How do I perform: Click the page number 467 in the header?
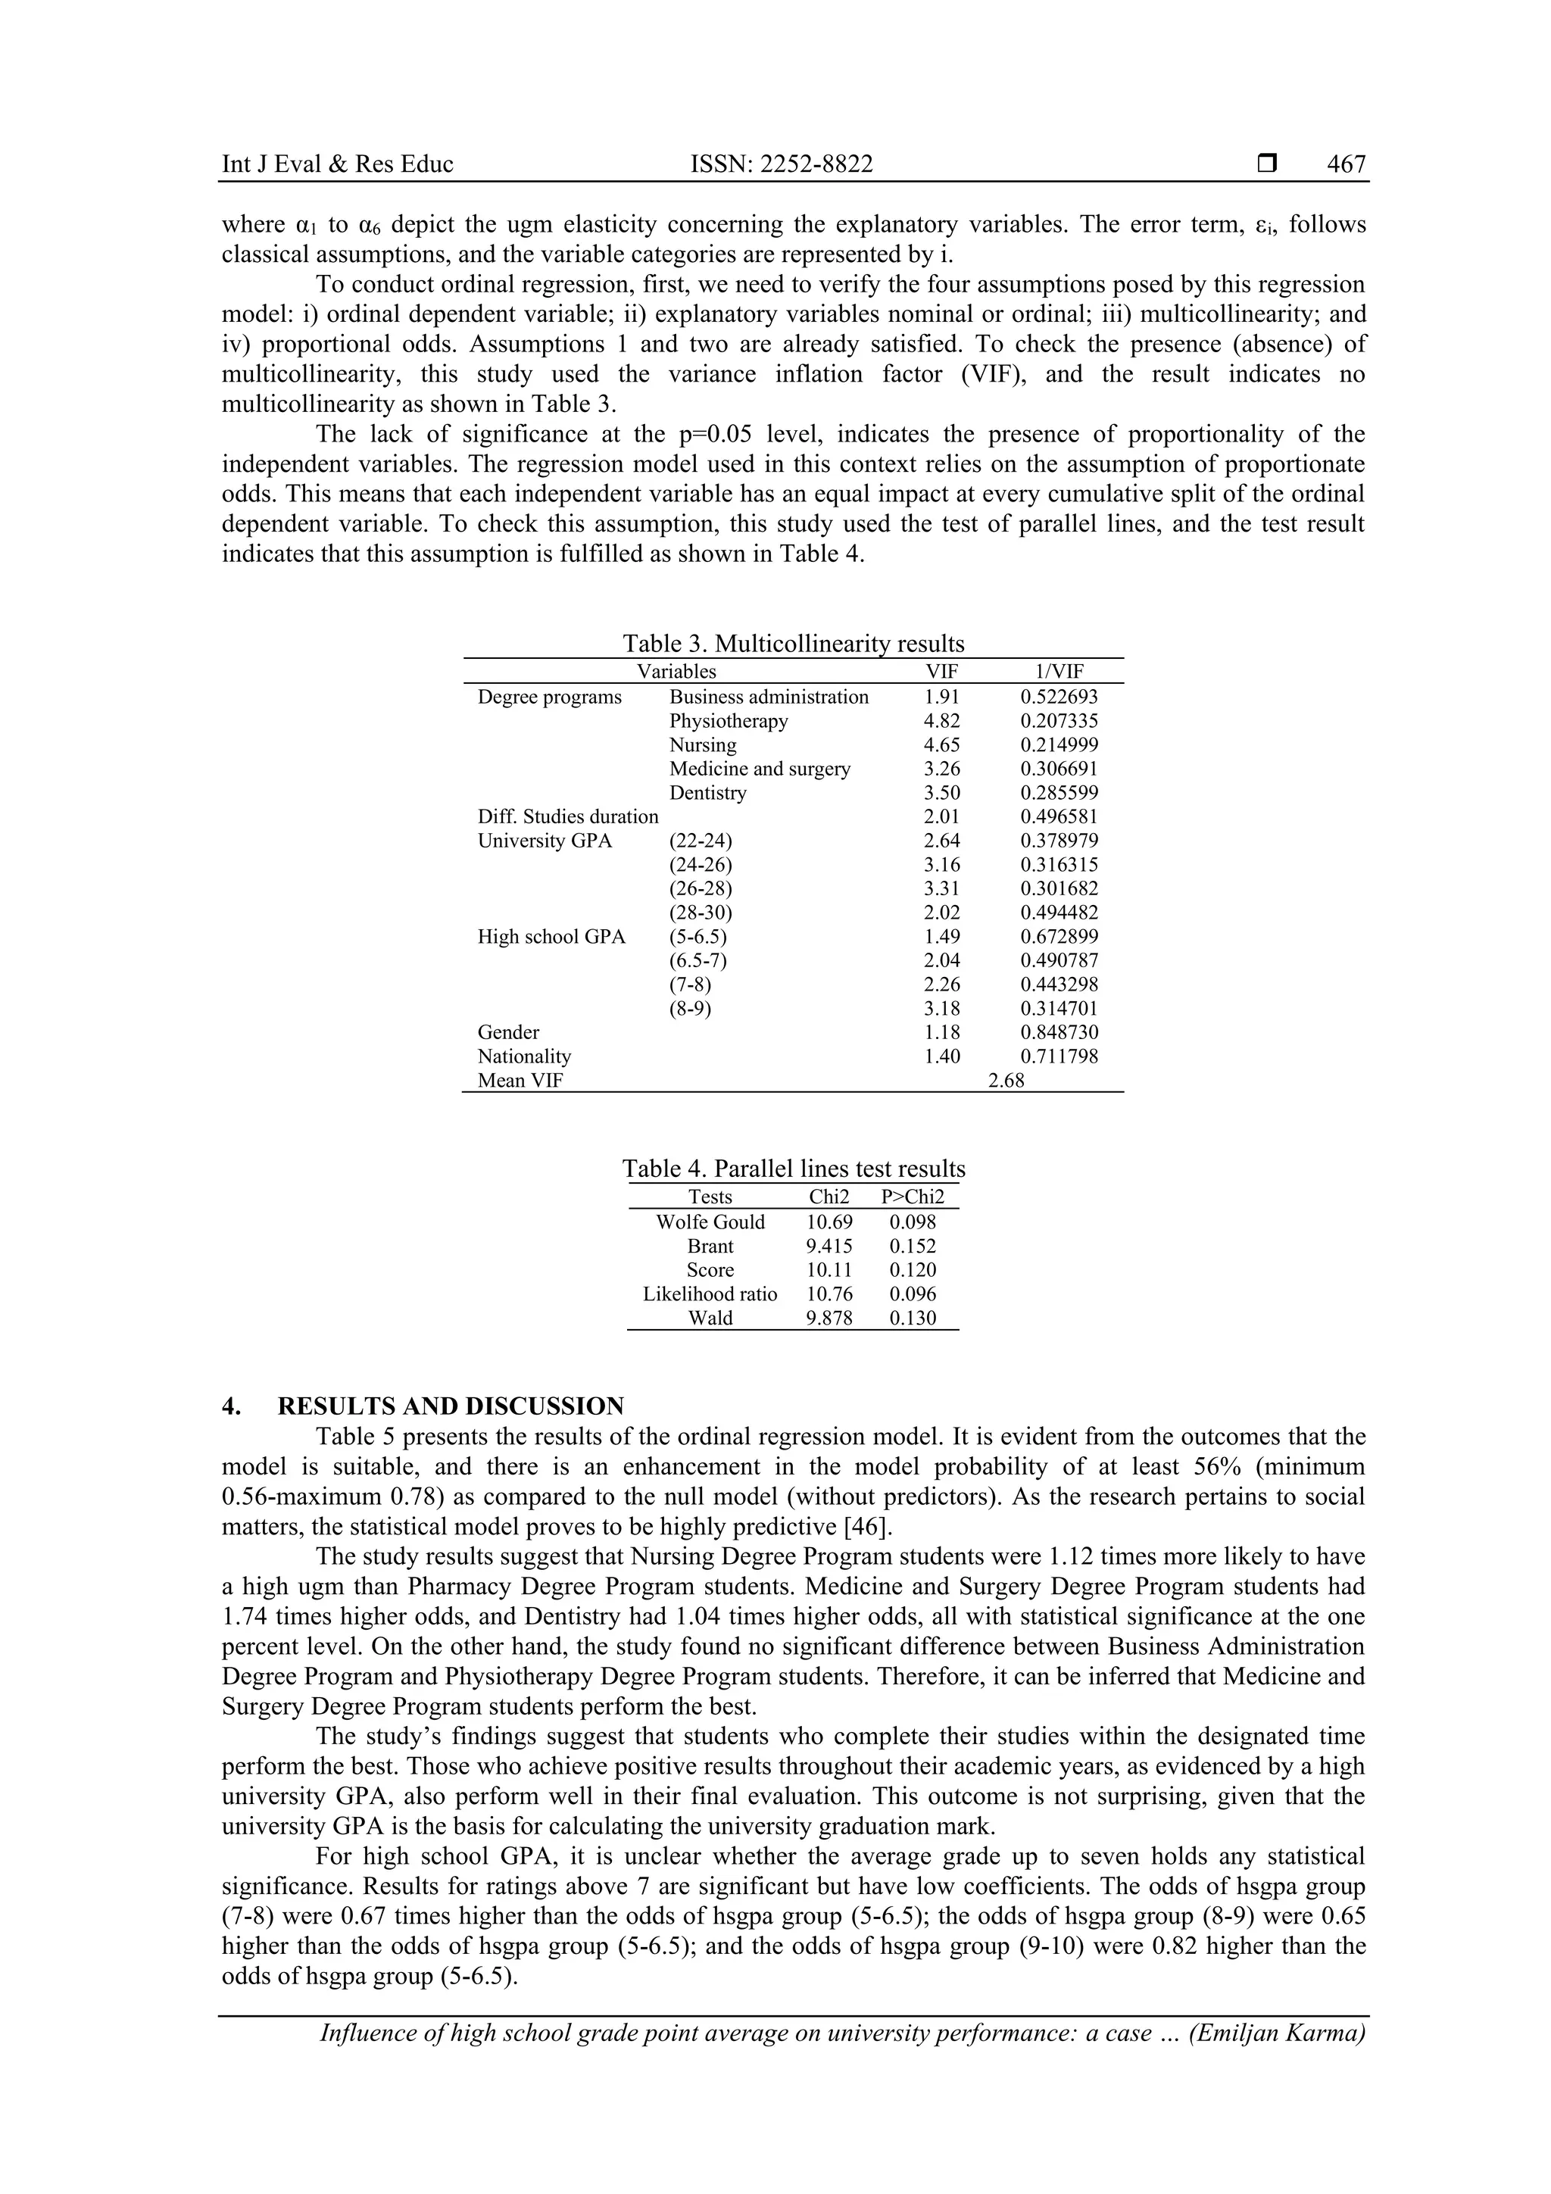(x=1346, y=164)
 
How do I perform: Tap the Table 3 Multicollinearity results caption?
(x=793, y=643)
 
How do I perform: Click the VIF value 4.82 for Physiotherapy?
(x=941, y=722)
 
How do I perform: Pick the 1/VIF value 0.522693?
(x=1059, y=698)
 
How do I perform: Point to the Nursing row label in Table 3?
(x=702, y=745)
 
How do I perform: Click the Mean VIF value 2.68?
(x=1005, y=1081)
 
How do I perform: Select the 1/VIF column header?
(x=1059, y=672)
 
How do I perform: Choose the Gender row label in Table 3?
(x=508, y=1033)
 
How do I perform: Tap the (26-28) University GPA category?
(x=701, y=888)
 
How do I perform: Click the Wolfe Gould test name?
(x=710, y=1222)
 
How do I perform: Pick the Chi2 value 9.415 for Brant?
(x=829, y=1246)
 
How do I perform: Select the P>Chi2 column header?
(x=913, y=1197)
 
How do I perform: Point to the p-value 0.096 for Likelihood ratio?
(x=913, y=1294)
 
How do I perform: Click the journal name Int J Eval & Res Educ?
(x=337, y=164)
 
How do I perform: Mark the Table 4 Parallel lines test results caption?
(x=793, y=1169)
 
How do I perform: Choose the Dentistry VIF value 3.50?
(x=941, y=793)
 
